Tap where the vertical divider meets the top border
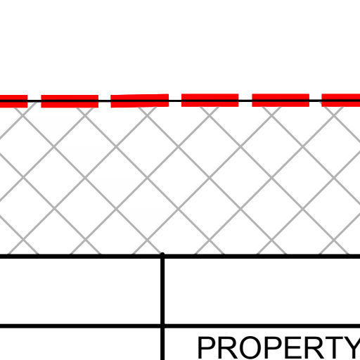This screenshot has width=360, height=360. pos(162,256)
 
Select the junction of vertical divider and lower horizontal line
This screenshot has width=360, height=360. pos(162,326)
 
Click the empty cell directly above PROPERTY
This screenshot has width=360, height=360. pos(262,291)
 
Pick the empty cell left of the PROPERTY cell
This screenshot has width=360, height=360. pos(80,344)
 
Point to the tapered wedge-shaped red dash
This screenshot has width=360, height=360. pos(140,101)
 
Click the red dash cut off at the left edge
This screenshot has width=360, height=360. pos(13,101)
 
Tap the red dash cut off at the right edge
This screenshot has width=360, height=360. pos(341,101)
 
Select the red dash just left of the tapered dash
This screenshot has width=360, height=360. pos(70,101)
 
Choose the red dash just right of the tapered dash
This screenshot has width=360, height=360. pos(210,101)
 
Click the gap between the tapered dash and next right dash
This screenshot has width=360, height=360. pos(175,101)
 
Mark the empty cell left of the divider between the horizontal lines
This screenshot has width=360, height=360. pos(80,291)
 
